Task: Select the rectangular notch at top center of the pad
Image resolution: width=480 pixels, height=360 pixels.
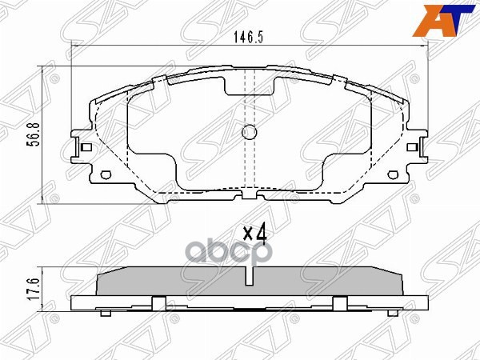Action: pos(248,86)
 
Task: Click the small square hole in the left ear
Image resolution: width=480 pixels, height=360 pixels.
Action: pos(84,147)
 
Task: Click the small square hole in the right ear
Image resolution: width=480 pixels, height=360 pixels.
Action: pos(412,147)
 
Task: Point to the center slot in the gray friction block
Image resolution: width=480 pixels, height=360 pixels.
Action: pos(248,277)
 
